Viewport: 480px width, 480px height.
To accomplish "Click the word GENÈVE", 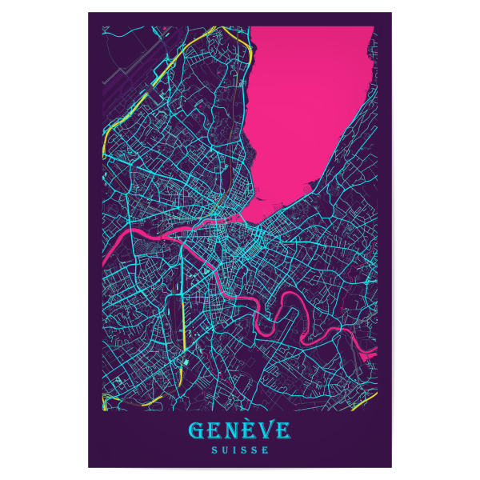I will coord(239,433).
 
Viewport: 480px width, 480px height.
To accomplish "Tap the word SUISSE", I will coord(239,450).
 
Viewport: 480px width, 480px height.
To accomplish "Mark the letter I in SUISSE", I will coord(234,450).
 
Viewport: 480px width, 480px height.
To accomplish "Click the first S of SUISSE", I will coord(212,450).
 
